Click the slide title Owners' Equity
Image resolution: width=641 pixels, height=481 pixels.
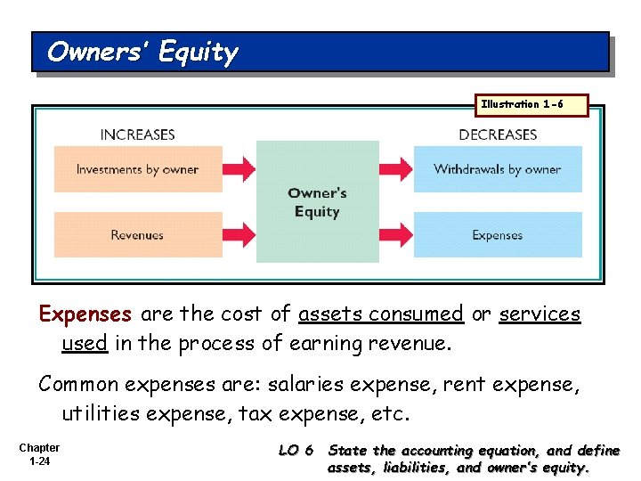click(x=142, y=53)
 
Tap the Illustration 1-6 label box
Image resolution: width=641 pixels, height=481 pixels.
click(x=522, y=105)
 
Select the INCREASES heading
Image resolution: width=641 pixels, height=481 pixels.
click(x=137, y=135)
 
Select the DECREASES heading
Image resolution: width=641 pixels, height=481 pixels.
click(x=498, y=135)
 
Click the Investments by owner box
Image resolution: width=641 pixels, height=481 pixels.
click(x=138, y=169)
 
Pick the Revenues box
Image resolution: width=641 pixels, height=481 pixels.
click(x=138, y=235)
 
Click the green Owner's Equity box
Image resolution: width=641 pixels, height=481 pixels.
click(x=317, y=202)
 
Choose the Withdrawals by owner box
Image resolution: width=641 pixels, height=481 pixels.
click(x=498, y=169)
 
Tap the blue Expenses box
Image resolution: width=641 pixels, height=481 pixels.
click(x=498, y=235)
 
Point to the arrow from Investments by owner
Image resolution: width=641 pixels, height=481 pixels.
click(x=239, y=169)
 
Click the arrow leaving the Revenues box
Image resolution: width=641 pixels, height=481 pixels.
click(x=239, y=235)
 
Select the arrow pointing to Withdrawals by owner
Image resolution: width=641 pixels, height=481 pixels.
click(x=396, y=169)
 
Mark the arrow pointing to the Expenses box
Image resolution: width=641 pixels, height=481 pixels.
click(x=396, y=235)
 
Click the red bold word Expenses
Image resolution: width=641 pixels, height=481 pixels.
click(x=85, y=314)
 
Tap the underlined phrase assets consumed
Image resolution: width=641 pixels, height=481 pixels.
click(x=381, y=314)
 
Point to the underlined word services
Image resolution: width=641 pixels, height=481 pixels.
click(x=540, y=314)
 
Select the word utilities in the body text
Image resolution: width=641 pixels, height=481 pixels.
click(x=96, y=413)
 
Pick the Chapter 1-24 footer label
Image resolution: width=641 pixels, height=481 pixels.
click(x=39, y=454)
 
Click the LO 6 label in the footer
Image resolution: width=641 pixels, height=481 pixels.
click(x=296, y=451)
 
